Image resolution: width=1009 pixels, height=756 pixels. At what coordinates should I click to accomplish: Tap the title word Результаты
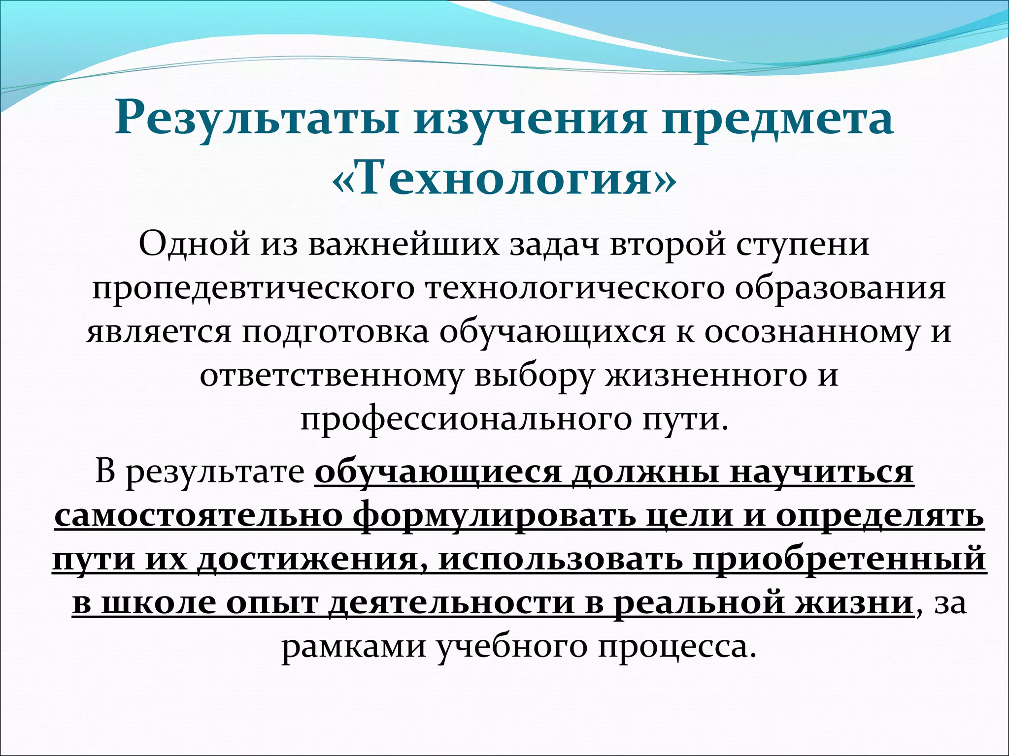pyautogui.click(x=256, y=120)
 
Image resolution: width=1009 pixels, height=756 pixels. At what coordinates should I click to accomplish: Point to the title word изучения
pyautogui.click(x=530, y=120)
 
